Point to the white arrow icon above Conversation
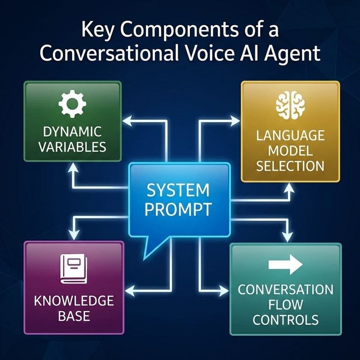(x=285, y=265)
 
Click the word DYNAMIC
(x=72, y=132)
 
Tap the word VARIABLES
(x=72, y=147)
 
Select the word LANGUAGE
(x=290, y=135)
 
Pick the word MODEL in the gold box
(x=290, y=150)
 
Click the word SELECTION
(x=290, y=166)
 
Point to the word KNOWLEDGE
(x=74, y=300)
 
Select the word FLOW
(x=286, y=305)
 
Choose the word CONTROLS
(x=286, y=320)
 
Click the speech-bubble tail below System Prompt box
(x=150, y=250)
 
